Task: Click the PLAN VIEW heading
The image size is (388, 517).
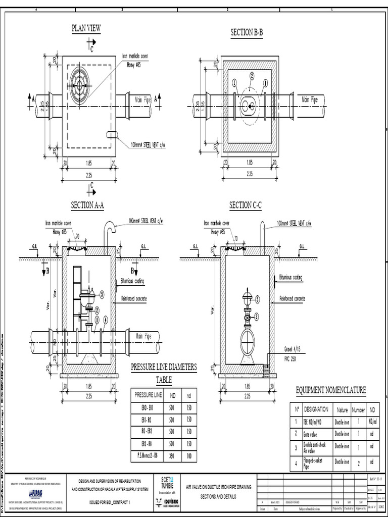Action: point(86,28)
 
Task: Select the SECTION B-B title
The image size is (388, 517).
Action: point(247,33)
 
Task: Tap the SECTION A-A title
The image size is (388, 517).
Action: point(87,205)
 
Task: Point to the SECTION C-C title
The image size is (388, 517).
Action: point(246,205)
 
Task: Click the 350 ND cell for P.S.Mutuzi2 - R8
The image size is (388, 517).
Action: point(172,455)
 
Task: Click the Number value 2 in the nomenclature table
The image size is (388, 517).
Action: point(358,462)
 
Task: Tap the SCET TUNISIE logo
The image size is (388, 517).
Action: point(167,483)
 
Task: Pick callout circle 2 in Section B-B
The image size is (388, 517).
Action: point(252,76)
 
